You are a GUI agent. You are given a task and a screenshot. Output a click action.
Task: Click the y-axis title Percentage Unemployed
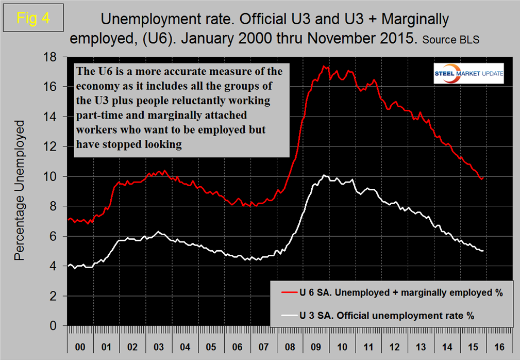point(19,190)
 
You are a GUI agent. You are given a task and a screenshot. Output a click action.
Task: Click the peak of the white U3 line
point(324,175)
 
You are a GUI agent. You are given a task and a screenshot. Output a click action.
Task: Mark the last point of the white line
point(482,251)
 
